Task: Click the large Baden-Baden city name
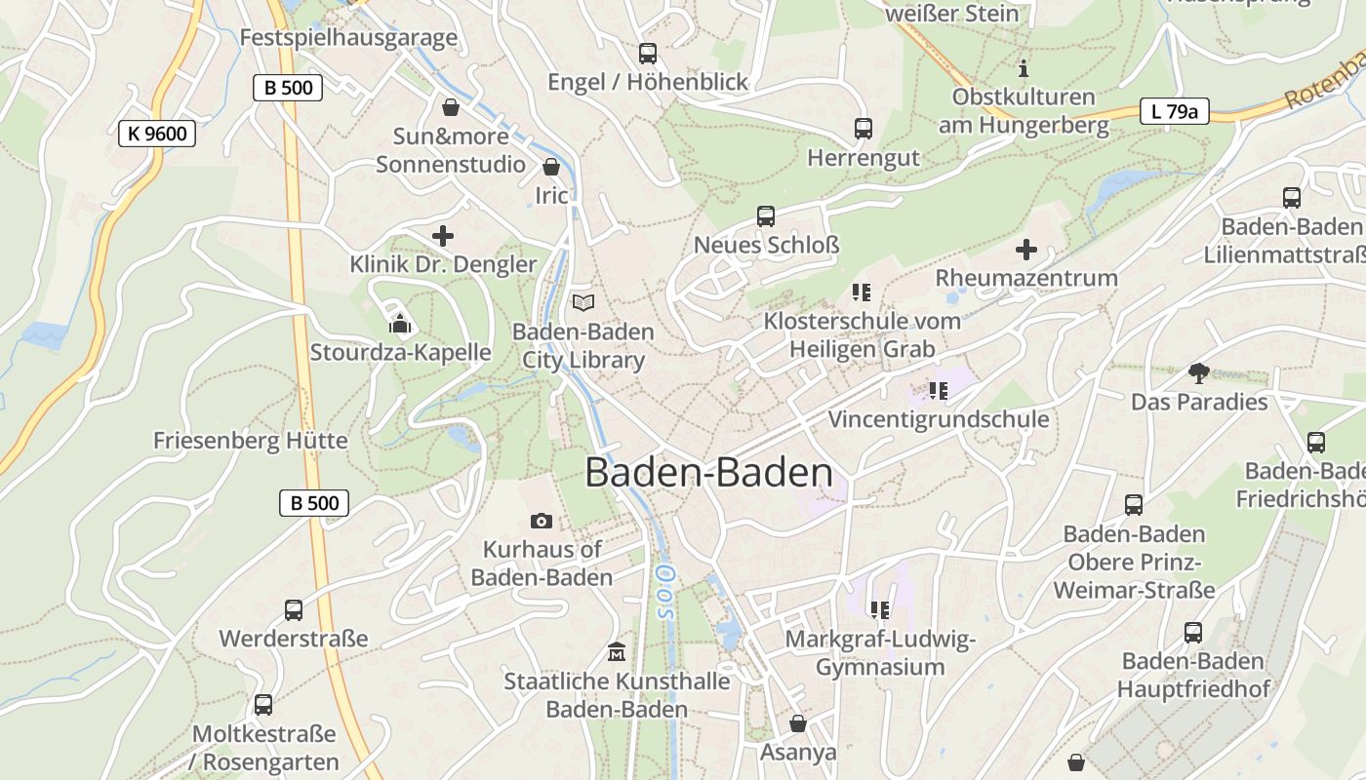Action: point(709,473)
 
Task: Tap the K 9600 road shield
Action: point(157,134)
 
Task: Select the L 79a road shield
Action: point(1175,111)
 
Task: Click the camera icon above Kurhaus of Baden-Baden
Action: point(542,522)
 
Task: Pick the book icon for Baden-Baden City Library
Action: point(583,303)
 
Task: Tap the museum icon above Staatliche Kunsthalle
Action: point(617,651)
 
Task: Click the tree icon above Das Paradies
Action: point(1199,372)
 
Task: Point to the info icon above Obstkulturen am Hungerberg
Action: point(1024,68)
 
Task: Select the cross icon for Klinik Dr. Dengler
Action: point(443,236)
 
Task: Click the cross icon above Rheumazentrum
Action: point(1026,250)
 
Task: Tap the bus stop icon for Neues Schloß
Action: point(766,216)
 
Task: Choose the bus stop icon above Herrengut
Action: point(864,129)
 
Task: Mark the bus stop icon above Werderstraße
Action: point(294,610)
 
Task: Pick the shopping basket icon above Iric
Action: point(551,167)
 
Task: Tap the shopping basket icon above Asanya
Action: point(798,723)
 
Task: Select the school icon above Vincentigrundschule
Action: point(939,391)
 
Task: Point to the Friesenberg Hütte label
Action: point(250,441)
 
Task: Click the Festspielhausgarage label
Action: point(348,38)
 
